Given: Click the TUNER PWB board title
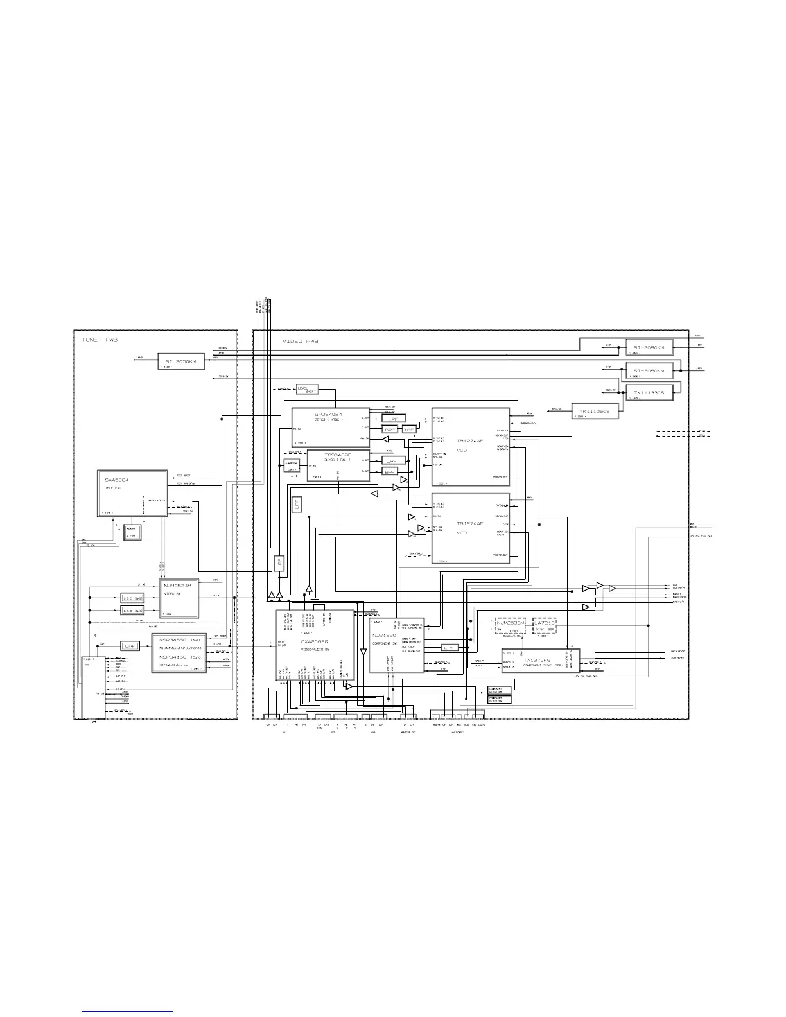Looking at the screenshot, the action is click(x=100, y=338).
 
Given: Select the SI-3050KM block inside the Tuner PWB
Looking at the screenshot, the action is click(x=181, y=362).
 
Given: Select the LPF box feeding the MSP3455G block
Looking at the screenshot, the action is click(x=130, y=646).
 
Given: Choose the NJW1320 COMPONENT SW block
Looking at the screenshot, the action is click(x=396, y=645).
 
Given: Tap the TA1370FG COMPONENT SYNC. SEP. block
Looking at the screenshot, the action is click(x=541, y=661).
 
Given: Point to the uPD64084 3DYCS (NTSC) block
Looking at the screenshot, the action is click(x=331, y=426).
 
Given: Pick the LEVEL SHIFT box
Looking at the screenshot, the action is click(x=306, y=390).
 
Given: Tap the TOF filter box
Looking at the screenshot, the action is click(x=409, y=429).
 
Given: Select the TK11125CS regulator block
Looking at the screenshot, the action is click(x=595, y=412).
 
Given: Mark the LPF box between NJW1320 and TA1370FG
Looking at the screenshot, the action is click(x=450, y=648).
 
